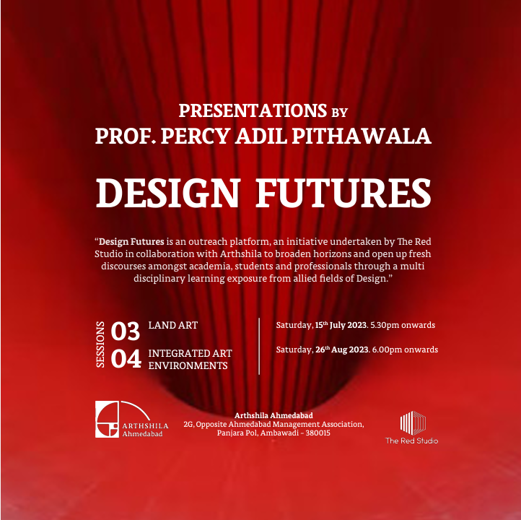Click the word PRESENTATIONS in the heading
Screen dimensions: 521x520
(x=253, y=110)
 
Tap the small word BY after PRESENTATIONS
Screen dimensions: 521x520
(x=340, y=113)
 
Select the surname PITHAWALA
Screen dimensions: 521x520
(x=362, y=136)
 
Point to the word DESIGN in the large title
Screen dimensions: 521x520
(x=168, y=193)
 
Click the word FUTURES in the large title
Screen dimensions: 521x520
(x=343, y=193)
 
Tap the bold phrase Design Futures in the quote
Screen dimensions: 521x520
(x=131, y=242)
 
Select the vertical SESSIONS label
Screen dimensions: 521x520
(x=100, y=344)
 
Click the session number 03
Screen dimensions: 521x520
(x=126, y=331)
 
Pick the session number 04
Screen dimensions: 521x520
(x=126, y=359)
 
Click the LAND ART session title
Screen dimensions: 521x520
(x=173, y=325)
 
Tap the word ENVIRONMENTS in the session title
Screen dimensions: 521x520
(x=188, y=365)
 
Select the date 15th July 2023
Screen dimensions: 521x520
(x=341, y=325)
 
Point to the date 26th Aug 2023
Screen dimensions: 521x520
(x=341, y=350)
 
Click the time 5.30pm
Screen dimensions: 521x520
(x=385, y=325)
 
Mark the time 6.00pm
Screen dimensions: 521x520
(x=387, y=350)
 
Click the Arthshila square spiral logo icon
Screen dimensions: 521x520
(x=107, y=420)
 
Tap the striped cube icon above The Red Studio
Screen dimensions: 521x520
(x=413, y=423)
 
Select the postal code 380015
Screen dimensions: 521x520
(x=318, y=433)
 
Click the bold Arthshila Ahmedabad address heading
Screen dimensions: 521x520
(x=273, y=415)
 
